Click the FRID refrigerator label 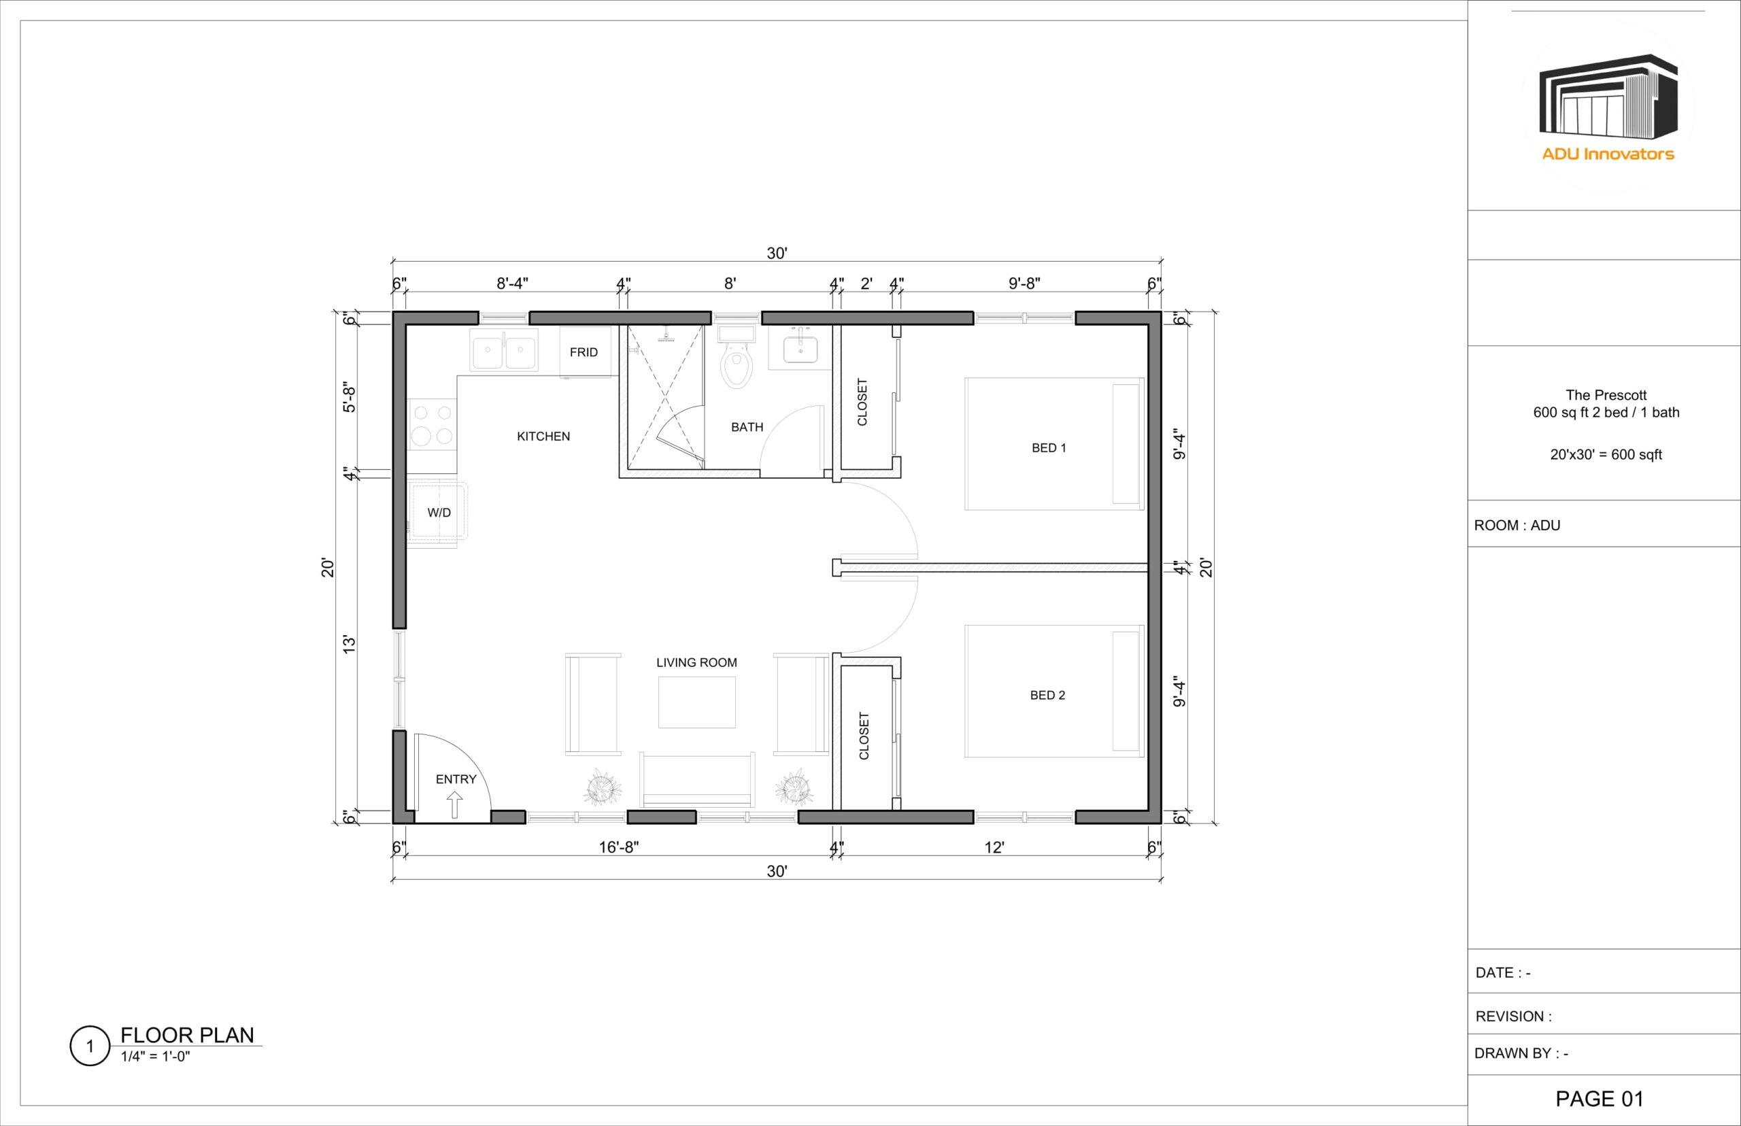584,352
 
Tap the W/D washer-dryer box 439,513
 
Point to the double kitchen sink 504,349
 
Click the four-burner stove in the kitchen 431,425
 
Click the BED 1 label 1049,447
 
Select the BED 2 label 1047,695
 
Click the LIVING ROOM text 696,662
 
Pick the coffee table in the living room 696,702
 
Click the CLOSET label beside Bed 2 864,736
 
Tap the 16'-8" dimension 619,847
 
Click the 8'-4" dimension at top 512,283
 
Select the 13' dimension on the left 350,644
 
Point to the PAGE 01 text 1599,1098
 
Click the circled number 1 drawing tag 90,1046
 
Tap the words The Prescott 1606,395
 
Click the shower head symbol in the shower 665,336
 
